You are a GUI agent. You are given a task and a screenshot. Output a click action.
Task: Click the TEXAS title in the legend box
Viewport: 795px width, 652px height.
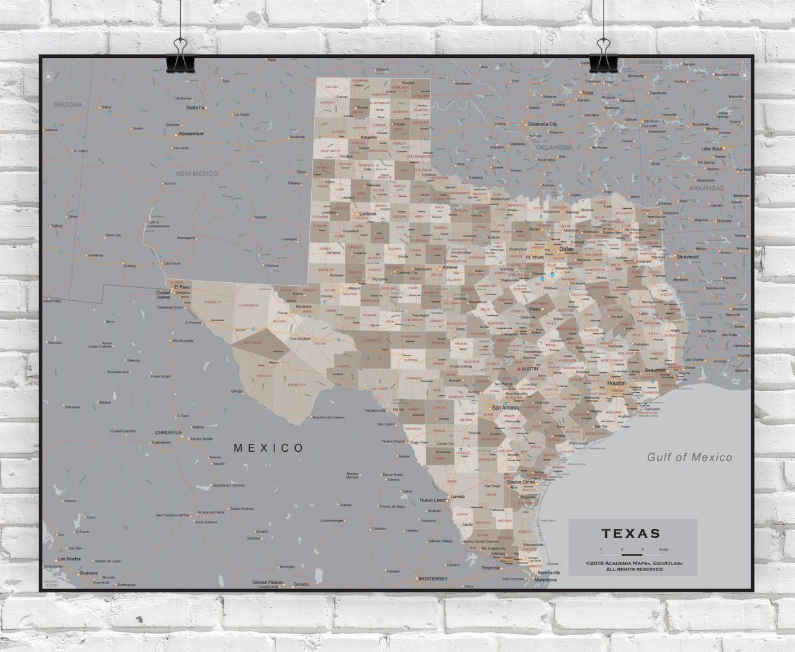click(x=630, y=533)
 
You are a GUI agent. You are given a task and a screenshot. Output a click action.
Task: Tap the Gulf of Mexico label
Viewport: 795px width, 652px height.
click(x=689, y=457)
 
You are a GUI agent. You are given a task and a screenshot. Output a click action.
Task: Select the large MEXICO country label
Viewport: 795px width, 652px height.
click(x=268, y=448)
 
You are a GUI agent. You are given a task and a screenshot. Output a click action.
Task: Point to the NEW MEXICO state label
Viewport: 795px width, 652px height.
click(x=197, y=173)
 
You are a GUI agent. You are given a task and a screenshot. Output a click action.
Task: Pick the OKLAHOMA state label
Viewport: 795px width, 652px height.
click(x=553, y=148)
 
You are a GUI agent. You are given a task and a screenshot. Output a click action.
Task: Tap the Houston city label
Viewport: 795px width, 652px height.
click(x=617, y=383)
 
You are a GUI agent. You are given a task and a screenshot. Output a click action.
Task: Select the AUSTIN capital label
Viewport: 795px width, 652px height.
click(x=530, y=369)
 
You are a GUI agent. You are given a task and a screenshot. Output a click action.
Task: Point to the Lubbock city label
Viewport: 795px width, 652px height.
click(x=368, y=214)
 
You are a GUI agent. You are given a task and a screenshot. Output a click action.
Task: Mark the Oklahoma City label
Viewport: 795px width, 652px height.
click(x=542, y=124)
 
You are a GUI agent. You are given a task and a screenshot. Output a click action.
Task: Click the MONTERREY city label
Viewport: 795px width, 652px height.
click(x=432, y=579)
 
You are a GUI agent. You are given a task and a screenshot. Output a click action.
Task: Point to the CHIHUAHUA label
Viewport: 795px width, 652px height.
click(x=168, y=432)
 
